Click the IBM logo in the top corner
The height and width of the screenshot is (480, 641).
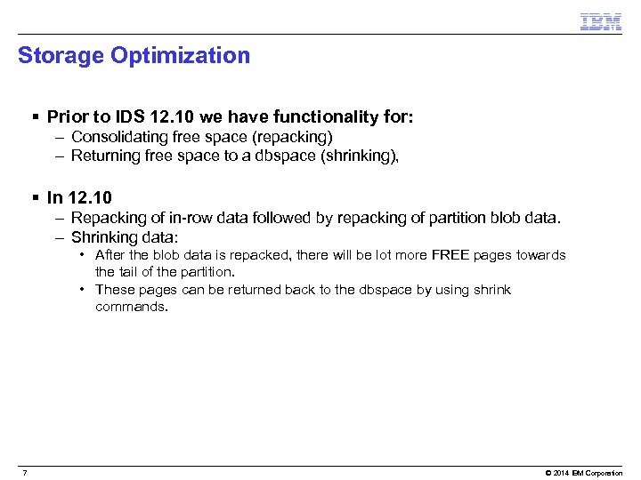[601, 22]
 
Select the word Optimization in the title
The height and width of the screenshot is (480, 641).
[181, 55]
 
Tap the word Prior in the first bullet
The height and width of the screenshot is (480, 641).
[68, 116]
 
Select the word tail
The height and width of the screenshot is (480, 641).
[132, 272]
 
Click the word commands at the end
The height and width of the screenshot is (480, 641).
[131, 307]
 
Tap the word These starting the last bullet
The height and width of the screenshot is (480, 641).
[114, 290]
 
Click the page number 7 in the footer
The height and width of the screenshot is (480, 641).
[25, 472]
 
